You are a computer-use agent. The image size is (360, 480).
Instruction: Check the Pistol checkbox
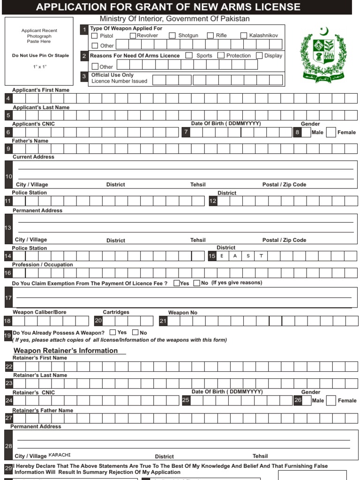point(95,36)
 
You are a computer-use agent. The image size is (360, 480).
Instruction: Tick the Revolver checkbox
point(133,36)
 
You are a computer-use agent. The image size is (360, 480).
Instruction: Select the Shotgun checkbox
point(172,36)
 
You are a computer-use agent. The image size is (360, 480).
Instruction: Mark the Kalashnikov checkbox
point(244,36)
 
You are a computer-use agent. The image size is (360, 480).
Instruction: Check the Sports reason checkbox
point(189,55)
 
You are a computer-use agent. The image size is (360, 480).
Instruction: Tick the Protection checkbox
point(221,55)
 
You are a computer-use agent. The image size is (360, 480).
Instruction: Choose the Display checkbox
point(259,55)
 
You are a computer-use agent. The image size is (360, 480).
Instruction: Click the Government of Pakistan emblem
point(324,52)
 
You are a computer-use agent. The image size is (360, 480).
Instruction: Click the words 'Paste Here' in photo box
point(39,42)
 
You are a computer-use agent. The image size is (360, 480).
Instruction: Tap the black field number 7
point(186,133)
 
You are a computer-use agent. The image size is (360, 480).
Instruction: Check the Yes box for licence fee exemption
point(177,283)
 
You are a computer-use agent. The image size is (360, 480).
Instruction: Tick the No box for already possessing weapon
point(135,333)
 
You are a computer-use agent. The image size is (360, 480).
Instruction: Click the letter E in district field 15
point(222,256)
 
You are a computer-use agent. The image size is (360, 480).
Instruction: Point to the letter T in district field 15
point(261,256)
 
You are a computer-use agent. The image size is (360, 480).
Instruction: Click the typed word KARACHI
point(60,455)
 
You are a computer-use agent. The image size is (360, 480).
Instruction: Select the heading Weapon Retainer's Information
point(66,351)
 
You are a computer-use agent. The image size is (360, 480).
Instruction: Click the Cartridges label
point(116,312)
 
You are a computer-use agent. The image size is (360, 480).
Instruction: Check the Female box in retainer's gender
point(331,400)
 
